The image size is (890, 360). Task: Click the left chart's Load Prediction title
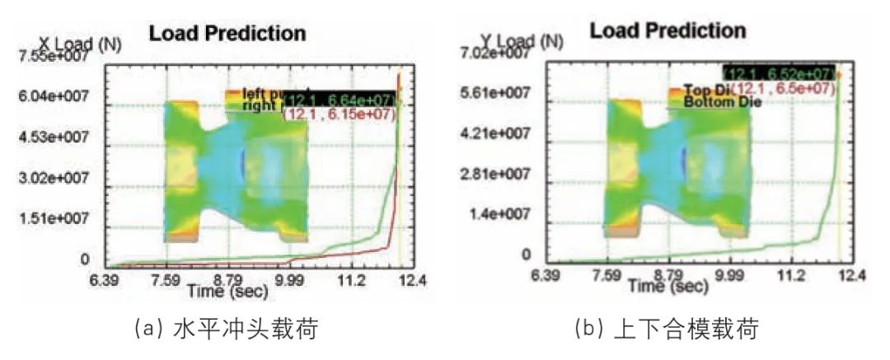(x=227, y=34)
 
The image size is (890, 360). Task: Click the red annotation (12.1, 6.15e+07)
(x=340, y=115)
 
